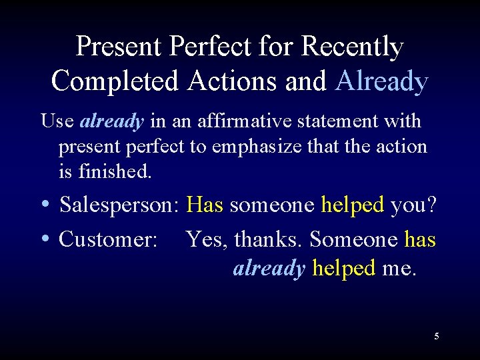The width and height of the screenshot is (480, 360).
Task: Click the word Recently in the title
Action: pyautogui.click(x=353, y=47)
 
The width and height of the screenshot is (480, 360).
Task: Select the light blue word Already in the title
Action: pyautogui.click(x=382, y=81)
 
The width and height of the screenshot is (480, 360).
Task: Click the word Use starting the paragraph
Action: pyautogui.click(x=57, y=121)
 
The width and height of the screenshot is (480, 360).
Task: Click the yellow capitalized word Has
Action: pyautogui.click(x=205, y=205)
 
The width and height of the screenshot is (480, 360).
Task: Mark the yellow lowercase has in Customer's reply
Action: pyautogui.click(x=420, y=239)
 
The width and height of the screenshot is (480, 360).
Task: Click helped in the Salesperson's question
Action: pyautogui.click(x=353, y=205)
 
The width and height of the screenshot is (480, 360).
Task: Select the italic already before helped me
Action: pyautogui.click(x=269, y=268)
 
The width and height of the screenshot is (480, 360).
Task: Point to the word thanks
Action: pyautogui.click(x=269, y=239)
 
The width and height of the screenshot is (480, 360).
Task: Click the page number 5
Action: pyautogui.click(x=437, y=336)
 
